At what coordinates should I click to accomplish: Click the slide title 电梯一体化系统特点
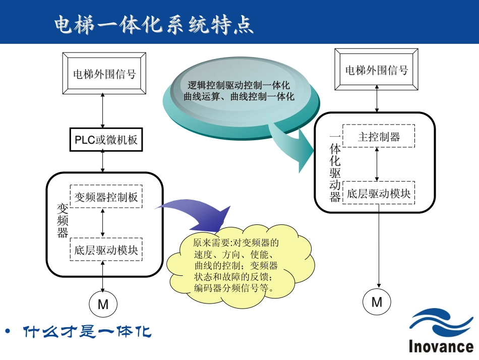tap(153, 25)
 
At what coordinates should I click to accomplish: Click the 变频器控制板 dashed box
tap(106, 197)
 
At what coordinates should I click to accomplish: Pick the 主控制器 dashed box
tap(379, 137)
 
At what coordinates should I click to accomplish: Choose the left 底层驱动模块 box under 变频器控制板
tap(106, 249)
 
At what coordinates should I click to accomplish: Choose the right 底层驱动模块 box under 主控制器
tap(379, 194)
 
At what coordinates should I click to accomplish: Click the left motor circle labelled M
tap(103, 304)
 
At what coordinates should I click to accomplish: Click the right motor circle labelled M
tap(377, 302)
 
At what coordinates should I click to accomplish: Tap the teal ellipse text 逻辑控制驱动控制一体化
tap(239, 85)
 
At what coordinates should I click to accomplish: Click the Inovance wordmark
tap(441, 347)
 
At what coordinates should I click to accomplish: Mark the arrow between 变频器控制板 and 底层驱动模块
tap(103, 222)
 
